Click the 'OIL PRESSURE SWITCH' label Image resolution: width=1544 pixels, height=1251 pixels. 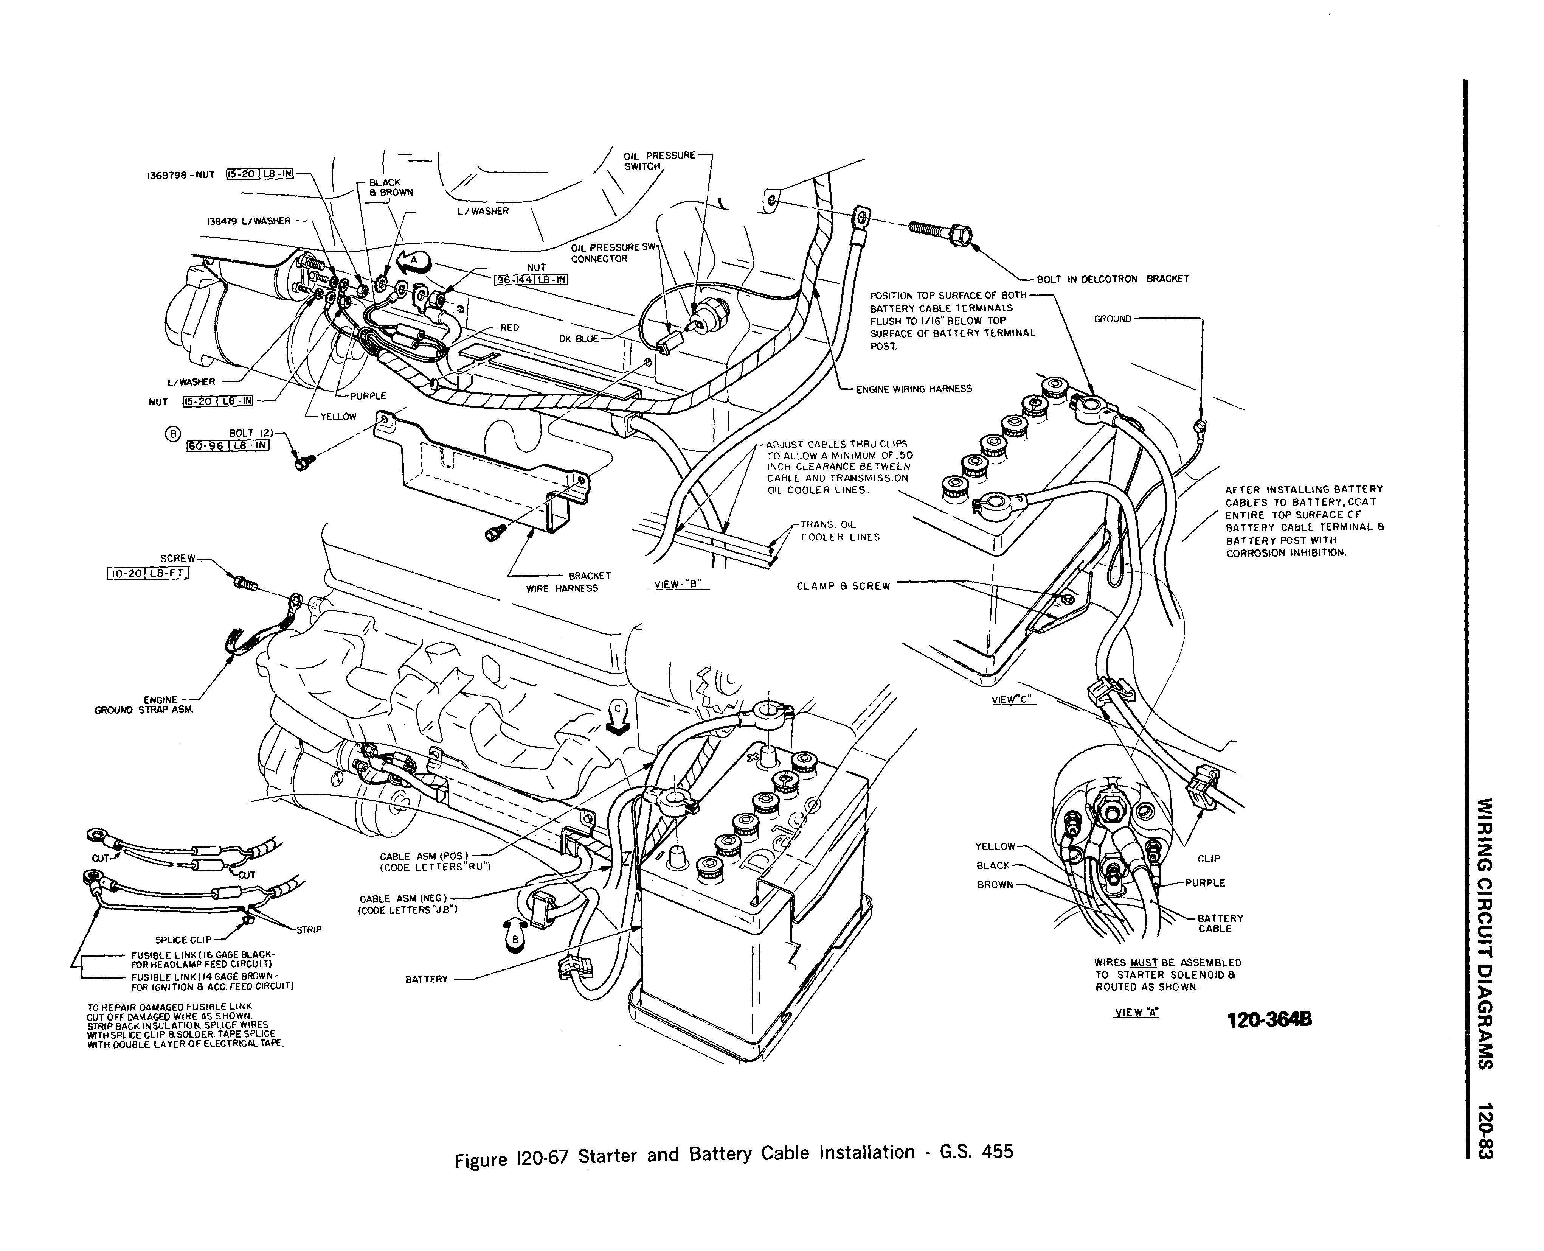pos(659,161)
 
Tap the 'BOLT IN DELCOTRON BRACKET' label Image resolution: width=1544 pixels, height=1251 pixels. pos(1113,279)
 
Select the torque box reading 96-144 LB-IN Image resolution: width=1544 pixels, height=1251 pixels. pos(531,280)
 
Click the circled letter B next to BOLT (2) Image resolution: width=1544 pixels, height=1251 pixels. pos(172,433)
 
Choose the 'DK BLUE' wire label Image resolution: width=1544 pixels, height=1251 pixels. pos(579,339)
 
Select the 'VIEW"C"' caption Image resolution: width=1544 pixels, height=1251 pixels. pos(1013,700)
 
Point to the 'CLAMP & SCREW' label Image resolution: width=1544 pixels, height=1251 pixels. pos(843,586)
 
